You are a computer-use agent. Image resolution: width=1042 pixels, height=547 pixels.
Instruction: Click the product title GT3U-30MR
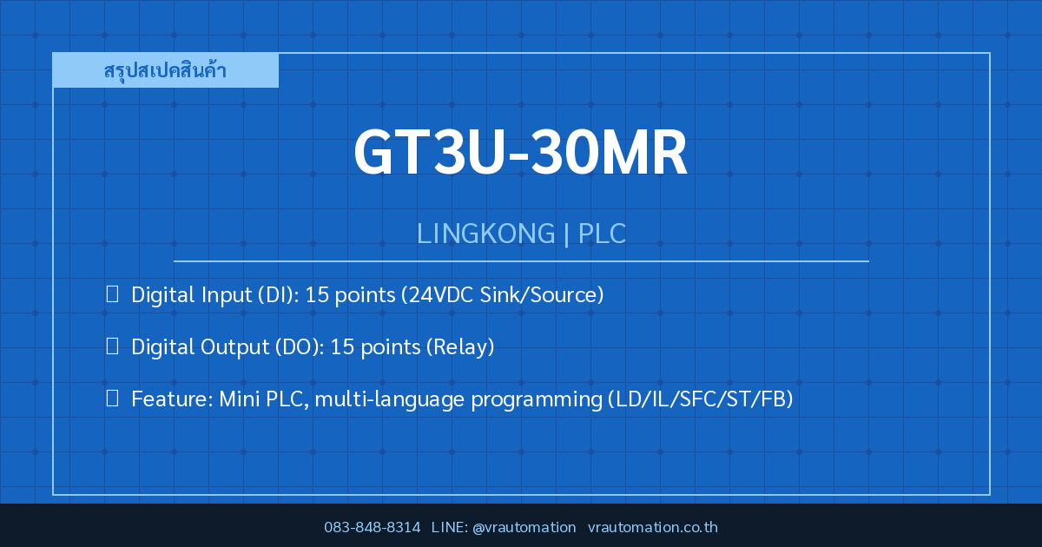(520, 152)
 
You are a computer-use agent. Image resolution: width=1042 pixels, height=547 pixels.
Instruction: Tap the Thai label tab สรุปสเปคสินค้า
(165, 70)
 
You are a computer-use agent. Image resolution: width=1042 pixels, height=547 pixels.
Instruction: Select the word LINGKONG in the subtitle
(485, 233)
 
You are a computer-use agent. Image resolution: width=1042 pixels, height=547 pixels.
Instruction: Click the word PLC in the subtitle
(602, 233)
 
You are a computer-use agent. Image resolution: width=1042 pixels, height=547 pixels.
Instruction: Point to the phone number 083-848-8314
(373, 527)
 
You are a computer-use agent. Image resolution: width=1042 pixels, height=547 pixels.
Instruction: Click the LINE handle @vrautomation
(524, 528)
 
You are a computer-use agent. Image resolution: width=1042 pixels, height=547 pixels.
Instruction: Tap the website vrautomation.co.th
(653, 527)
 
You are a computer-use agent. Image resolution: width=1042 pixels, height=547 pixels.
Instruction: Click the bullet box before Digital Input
(112, 294)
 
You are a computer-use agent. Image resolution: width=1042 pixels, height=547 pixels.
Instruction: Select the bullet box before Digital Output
(112, 346)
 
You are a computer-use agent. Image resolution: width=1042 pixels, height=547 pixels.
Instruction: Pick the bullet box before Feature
(112, 399)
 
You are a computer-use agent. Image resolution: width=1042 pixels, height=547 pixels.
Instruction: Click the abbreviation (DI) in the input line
(279, 295)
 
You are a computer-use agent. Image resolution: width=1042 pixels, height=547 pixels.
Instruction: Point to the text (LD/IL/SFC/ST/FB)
(701, 399)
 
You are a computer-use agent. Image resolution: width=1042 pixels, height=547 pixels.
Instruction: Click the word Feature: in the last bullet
(172, 399)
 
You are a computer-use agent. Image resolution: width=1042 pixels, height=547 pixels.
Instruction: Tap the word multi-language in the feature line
(389, 399)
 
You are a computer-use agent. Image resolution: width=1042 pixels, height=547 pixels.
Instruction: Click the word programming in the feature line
(537, 400)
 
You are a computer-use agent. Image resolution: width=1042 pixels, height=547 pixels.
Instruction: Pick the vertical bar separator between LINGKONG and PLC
(566, 234)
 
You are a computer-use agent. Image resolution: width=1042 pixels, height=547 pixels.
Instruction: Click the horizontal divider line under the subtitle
(521, 261)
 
